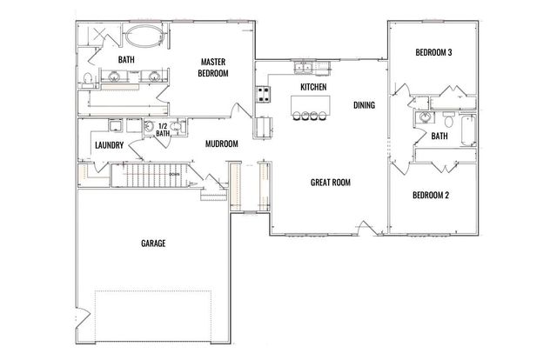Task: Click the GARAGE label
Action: (153, 243)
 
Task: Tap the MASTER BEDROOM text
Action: (213, 68)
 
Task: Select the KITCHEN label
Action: (313, 88)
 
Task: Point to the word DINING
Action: (365, 105)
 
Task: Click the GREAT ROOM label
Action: (331, 183)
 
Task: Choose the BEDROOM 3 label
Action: (432, 53)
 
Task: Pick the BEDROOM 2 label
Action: (431, 195)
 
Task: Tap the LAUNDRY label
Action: (108, 145)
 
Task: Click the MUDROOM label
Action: (222, 144)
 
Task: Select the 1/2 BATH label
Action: (163, 129)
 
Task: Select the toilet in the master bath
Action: (90, 80)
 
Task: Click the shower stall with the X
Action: (99, 37)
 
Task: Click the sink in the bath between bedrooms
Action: (424, 118)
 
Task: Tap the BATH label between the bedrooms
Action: (440, 136)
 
